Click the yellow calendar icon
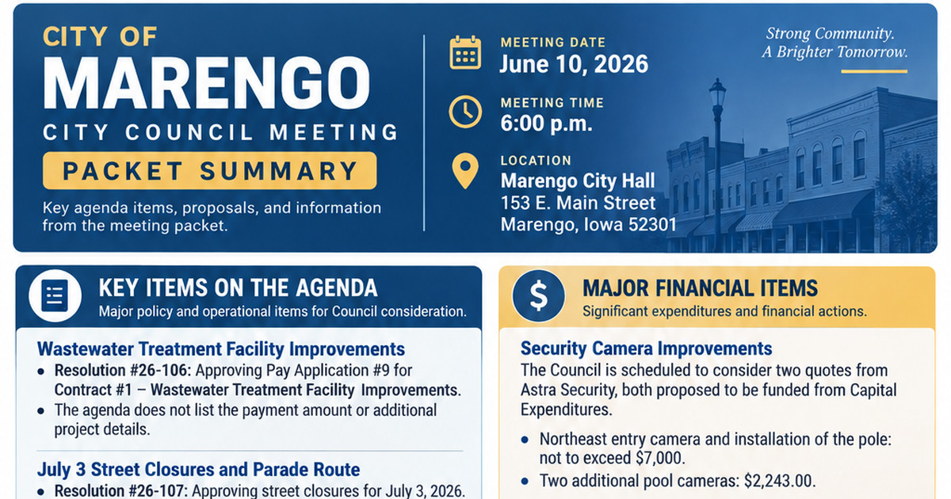(465, 52)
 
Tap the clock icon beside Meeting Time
(465, 112)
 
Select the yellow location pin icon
(465, 170)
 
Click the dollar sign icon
(539, 295)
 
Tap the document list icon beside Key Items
(55, 295)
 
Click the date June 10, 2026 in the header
(574, 64)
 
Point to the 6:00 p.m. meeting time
(546, 124)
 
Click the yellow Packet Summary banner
(210, 170)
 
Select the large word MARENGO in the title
(207, 83)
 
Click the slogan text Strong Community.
(830, 33)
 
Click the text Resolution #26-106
(121, 371)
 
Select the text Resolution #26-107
(120, 490)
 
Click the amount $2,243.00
(778, 481)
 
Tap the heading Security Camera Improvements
(646, 349)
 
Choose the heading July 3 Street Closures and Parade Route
(198, 469)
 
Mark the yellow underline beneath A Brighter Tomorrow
(874, 71)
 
